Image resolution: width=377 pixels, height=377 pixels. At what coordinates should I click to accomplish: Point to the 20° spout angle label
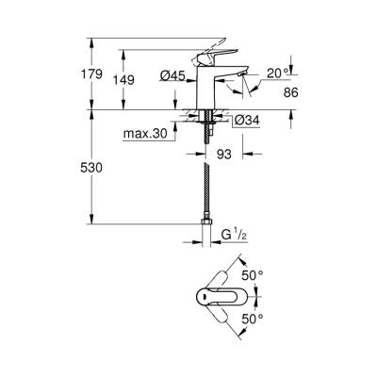(275, 72)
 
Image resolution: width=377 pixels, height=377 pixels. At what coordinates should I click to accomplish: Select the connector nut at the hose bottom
(206, 229)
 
